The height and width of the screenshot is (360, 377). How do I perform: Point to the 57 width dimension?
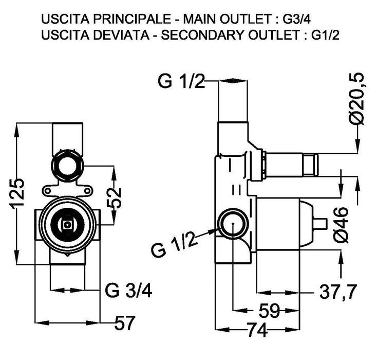click(124, 323)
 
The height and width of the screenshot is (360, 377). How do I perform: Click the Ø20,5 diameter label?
click(356, 98)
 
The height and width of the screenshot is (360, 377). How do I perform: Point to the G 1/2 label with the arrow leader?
click(175, 245)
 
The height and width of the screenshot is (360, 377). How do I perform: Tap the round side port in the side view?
click(232, 224)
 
